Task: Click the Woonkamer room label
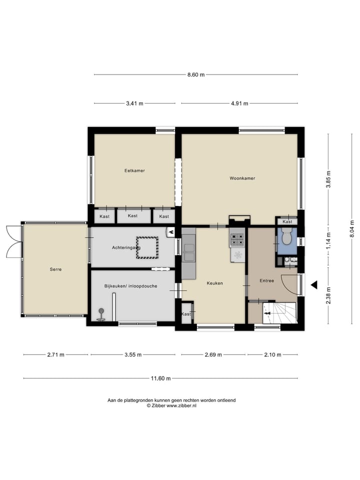[242, 178]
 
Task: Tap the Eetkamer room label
[134, 170]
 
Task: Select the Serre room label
[55, 269]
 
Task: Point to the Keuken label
[214, 283]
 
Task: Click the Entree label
[266, 280]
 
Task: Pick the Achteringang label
[126, 247]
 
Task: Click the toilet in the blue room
[286, 236]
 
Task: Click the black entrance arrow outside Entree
[314, 284]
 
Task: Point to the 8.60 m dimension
[196, 75]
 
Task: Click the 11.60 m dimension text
[160, 378]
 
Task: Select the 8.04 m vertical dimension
[352, 228]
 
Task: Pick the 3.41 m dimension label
[134, 103]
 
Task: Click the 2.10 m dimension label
[272, 354]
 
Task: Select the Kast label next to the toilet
[287, 221]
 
